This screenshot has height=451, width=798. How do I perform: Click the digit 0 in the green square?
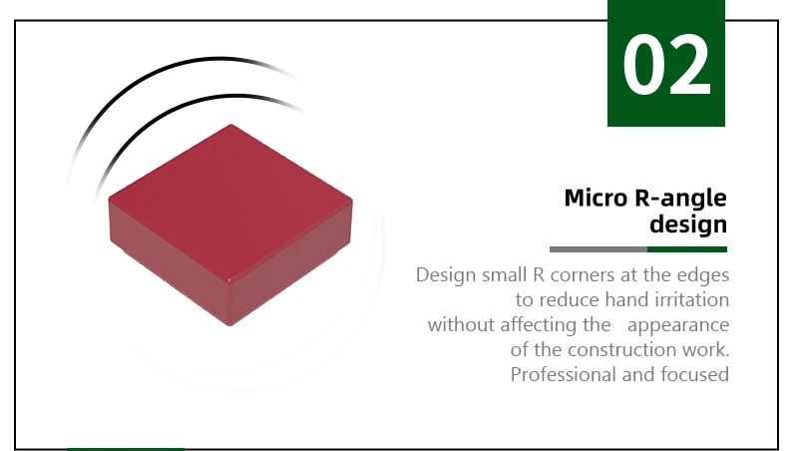click(x=642, y=65)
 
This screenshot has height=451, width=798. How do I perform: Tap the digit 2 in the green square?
click(x=689, y=65)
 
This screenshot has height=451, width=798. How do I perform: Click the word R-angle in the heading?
click(x=681, y=199)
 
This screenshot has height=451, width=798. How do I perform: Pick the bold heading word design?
click(x=688, y=225)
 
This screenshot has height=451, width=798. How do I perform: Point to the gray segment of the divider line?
click(x=598, y=249)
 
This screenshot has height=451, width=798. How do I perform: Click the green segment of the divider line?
click(x=687, y=249)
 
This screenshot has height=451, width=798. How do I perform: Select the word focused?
click(x=694, y=374)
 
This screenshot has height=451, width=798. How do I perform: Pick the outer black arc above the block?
click(x=153, y=76)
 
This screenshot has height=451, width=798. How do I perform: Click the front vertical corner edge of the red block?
click(x=230, y=302)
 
